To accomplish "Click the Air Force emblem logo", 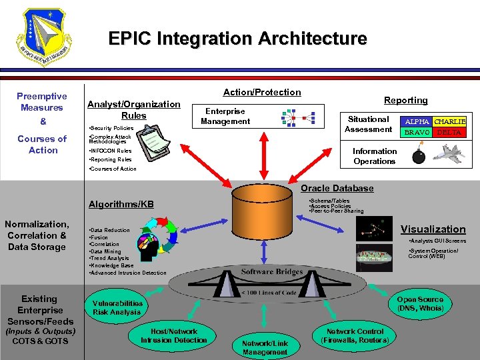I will point(45,39).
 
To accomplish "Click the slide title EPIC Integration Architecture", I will point(238,39).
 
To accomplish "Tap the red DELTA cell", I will point(449,133).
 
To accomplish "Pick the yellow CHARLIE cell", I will point(449,122).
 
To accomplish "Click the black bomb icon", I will point(419,157).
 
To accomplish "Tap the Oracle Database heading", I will point(337,188).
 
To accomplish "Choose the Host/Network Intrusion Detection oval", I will point(174,336).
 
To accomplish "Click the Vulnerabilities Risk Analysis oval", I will point(117,307).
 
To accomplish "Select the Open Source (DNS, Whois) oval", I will point(420,304).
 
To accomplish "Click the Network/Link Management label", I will point(265,347).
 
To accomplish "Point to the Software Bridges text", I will point(272,271).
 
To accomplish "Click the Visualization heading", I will point(433,229).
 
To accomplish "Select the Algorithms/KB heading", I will point(121,204).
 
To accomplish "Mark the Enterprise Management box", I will point(225,116).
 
